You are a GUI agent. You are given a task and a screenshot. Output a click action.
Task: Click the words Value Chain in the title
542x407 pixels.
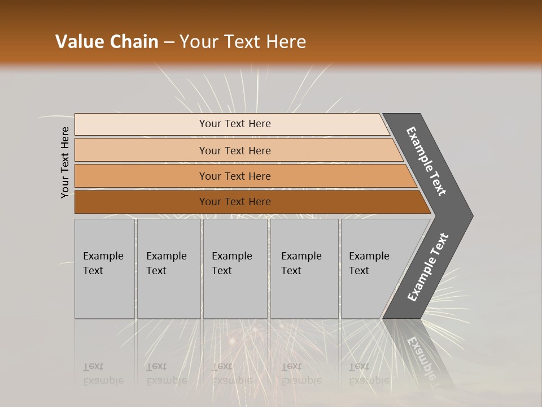point(107,42)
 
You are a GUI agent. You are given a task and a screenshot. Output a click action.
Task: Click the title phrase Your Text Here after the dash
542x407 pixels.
point(243,42)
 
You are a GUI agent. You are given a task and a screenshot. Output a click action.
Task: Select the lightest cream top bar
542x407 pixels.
point(141,124)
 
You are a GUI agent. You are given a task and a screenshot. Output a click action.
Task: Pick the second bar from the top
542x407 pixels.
point(141,150)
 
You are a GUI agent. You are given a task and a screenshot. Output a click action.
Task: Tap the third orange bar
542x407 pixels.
point(141,176)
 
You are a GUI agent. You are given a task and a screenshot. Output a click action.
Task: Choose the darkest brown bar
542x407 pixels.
point(141,202)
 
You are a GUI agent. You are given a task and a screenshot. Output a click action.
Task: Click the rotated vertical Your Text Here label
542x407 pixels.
point(65,162)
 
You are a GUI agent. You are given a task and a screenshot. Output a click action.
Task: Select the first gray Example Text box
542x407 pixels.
point(104,269)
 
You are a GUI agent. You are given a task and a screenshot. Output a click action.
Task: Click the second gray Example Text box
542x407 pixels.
point(168,269)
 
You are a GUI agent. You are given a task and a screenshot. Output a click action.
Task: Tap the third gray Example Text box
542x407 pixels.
point(235,269)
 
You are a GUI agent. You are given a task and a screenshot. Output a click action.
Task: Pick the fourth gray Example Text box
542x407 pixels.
point(304,269)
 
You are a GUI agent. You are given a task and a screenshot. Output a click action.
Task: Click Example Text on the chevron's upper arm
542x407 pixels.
point(426,161)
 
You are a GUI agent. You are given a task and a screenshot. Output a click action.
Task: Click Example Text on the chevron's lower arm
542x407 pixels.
point(428,267)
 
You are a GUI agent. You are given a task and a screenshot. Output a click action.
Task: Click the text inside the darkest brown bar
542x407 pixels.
point(235,202)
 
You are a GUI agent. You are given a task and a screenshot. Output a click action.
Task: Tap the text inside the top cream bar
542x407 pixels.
point(235,124)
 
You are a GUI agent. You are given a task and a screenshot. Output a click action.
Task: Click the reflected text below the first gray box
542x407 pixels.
point(103,374)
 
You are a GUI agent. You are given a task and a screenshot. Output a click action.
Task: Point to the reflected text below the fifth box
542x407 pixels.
point(369,374)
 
